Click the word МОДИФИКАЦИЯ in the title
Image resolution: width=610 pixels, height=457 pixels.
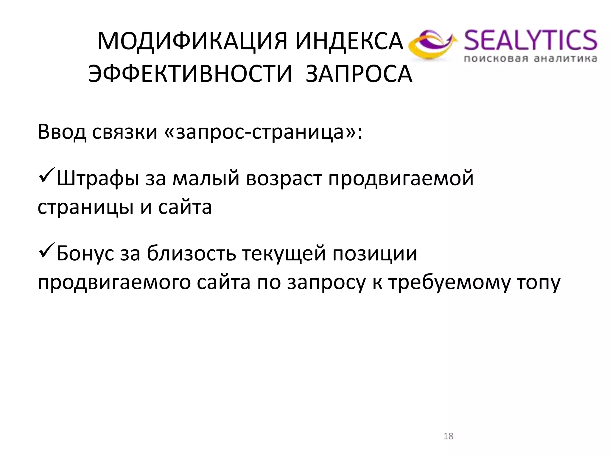[192, 41]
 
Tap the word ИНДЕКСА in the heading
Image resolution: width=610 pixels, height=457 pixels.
[349, 41]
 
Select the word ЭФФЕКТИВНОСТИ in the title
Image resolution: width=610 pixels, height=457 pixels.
[190, 74]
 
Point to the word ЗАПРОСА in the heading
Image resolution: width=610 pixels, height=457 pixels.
[359, 74]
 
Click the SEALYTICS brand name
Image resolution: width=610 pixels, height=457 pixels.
[530, 40]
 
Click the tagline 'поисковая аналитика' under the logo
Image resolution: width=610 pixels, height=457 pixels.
[530, 59]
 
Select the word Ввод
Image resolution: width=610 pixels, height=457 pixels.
[62, 132]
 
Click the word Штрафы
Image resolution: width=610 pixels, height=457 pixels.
[98, 179]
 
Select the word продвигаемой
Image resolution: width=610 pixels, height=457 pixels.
[401, 179]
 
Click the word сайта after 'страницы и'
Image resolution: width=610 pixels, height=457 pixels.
[185, 207]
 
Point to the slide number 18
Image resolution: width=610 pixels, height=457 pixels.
[448, 436]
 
